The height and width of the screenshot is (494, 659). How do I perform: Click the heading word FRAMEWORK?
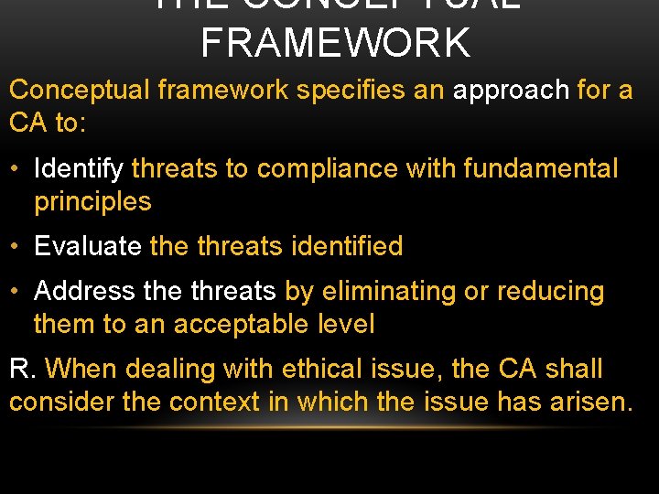click(335, 43)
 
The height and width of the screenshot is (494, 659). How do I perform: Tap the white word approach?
click(511, 91)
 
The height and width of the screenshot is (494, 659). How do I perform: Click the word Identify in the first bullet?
click(79, 169)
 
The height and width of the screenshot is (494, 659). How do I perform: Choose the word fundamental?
click(541, 169)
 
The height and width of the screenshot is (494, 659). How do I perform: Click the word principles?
click(92, 201)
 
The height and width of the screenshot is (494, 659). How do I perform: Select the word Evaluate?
click(88, 246)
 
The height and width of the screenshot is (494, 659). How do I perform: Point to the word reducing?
click(550, 292)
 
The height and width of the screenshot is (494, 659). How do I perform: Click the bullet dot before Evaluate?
click(16, 247)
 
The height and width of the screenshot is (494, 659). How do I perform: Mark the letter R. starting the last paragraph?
click(22, 370)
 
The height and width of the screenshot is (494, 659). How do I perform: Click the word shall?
click(574, 370)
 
